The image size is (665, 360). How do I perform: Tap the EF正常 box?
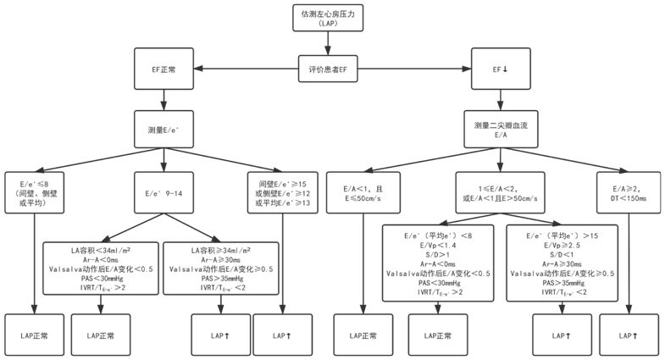(x=164, y=69)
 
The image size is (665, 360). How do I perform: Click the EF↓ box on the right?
(x=501, y=69)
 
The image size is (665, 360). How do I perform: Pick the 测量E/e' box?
(x=164, y=130)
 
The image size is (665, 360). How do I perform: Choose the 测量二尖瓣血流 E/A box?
(x=501, y=130)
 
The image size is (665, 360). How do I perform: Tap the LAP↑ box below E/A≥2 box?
(x=628, y=335)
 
